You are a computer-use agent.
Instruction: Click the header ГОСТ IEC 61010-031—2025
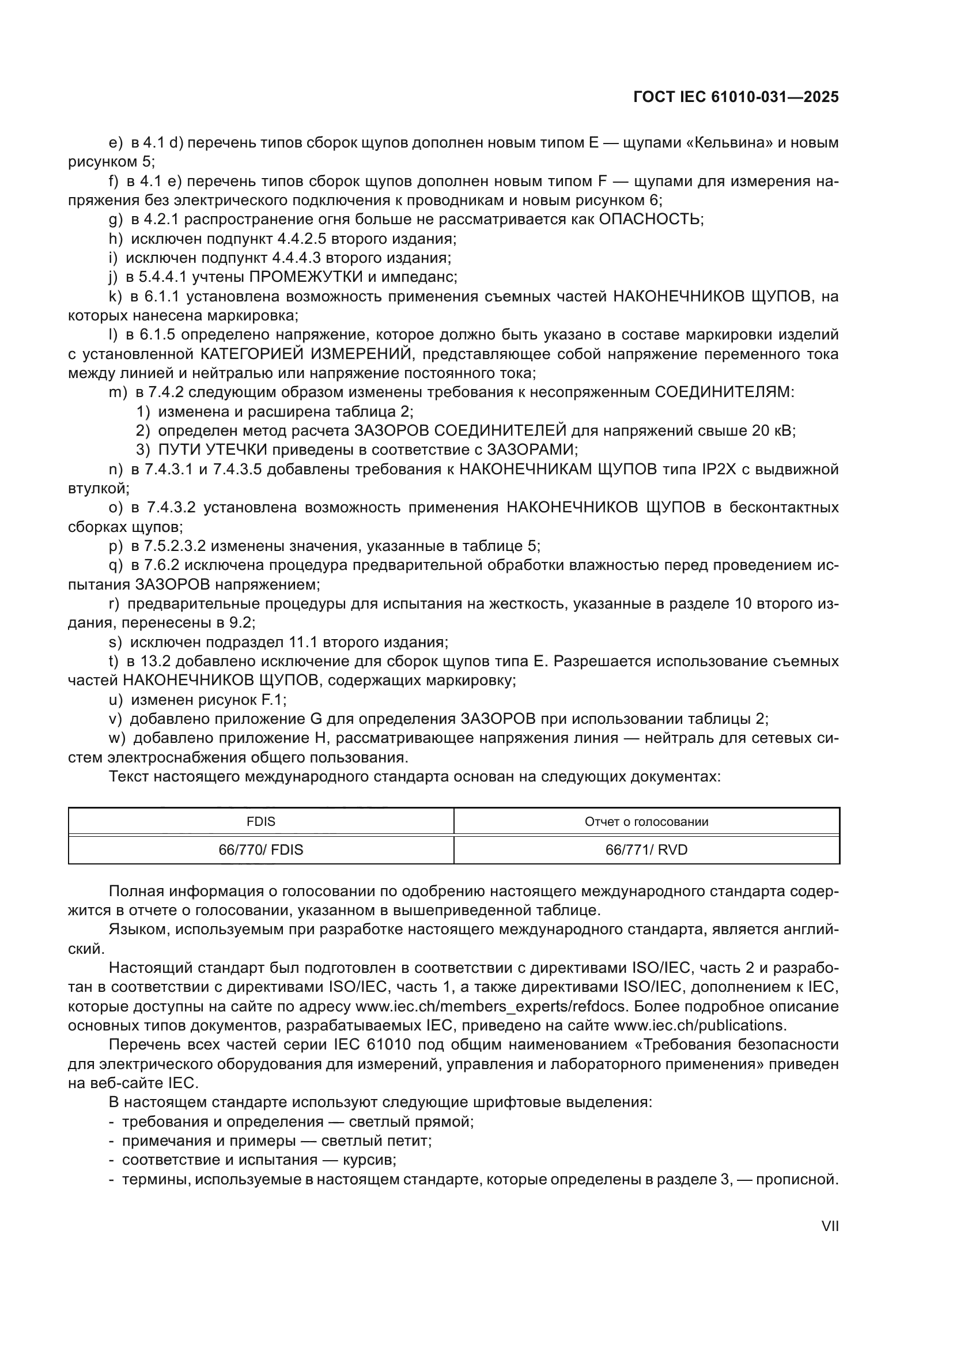coord(736,97)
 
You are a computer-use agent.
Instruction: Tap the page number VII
coord(830,1226)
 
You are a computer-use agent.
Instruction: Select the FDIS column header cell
coord(260,821)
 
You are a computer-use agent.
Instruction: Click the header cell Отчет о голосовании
coord(646,821)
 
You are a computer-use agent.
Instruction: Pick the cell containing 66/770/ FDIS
coord(260,849)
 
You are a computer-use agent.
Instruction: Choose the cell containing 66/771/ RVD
coord(646,849)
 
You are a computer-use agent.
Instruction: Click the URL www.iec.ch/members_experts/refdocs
coord(491,1006)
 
